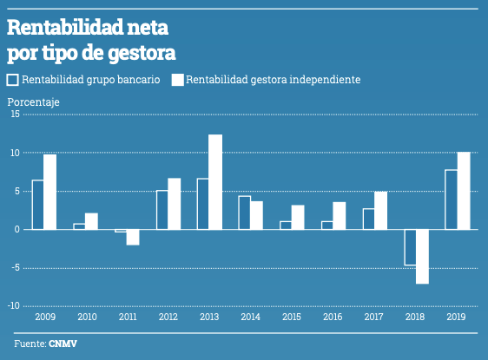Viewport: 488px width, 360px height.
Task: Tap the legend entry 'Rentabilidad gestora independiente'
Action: [x=266, y=80]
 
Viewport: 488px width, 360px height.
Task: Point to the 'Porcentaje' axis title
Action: [x=33, y=102]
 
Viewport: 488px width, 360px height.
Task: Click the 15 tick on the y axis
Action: [x=15, y=115]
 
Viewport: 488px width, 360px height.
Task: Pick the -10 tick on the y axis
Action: [x=13, y=305]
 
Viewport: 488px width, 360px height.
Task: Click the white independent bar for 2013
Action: [x=215, y=182]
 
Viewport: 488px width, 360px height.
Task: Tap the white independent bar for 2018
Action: [x=422, y=256]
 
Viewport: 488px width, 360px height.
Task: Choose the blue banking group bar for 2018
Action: [x=410, y=246]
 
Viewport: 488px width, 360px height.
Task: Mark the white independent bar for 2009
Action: [x=50, y=192]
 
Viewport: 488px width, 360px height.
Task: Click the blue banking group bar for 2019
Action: [x=451, y=200]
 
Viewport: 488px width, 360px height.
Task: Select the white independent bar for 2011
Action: [x=133, y=237]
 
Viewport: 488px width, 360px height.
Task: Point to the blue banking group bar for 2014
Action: [x=244, y=213]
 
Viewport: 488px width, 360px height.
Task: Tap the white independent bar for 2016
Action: [x=340, y=215]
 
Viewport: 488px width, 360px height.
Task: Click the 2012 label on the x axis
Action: [x=168, y=317]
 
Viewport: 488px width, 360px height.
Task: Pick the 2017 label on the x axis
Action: [x=375, y=317]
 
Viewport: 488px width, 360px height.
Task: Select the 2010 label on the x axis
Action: [x=86, y=317]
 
